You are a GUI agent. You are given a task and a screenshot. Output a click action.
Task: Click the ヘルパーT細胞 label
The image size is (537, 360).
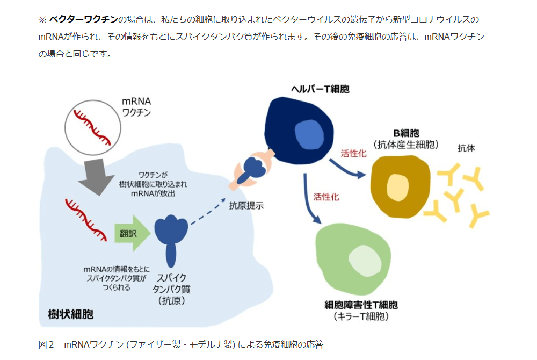pos(320,89)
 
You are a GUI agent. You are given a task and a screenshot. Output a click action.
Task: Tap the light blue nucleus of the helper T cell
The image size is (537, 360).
pos(308,134)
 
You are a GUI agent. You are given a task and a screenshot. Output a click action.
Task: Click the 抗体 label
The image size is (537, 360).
pos(466,147)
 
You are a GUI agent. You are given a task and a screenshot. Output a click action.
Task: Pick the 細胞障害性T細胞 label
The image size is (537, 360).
pos(361,305)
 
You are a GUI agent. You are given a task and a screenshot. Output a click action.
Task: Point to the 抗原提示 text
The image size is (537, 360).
pos(246,205)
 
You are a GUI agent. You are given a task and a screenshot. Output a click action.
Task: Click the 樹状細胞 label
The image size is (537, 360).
pos(70,314)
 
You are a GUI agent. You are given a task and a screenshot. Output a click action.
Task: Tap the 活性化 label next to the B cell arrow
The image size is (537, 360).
pos(353,153)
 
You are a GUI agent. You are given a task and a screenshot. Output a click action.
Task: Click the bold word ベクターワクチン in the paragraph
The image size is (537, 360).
pos(83,20)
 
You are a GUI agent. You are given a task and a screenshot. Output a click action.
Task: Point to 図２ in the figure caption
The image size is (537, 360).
pos(46,344)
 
